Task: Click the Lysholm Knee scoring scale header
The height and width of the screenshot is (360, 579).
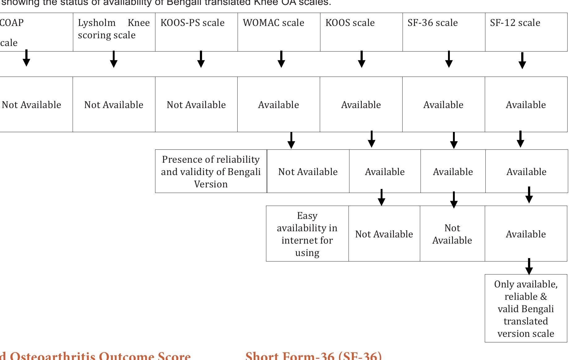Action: (x=114, y=29)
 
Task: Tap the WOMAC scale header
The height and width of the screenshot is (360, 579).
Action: (x=273, y=23)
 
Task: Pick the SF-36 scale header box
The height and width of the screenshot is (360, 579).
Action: (x=433, y=23)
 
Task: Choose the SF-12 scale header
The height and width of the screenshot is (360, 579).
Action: (x=515, y=23)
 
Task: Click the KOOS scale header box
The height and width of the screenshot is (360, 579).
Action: (x=350, y=23)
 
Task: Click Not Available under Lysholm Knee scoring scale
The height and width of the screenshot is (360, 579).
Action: (x=114, y=105)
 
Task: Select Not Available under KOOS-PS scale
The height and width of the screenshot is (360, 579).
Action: (x=196, y=105)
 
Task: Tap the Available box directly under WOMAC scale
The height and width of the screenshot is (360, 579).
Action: (x=278, y=105)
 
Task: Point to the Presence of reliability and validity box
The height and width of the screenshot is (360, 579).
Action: (x=211, y=172)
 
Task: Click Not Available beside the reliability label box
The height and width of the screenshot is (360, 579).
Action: (x=308, y=172)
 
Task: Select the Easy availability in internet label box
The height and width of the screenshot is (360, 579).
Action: (x=307, y=234)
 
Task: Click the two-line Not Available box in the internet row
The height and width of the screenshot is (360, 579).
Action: (x=452, y=234)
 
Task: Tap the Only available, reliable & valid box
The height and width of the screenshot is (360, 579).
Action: (x=526, y=309)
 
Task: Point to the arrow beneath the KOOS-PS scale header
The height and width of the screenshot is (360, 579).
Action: (x=201, y=60)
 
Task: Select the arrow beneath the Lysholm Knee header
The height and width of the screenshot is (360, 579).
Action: (x=114, y=60)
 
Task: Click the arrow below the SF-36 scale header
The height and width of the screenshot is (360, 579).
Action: (x=449, y=60)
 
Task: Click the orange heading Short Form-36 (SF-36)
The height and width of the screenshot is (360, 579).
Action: (x=313, y=356)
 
